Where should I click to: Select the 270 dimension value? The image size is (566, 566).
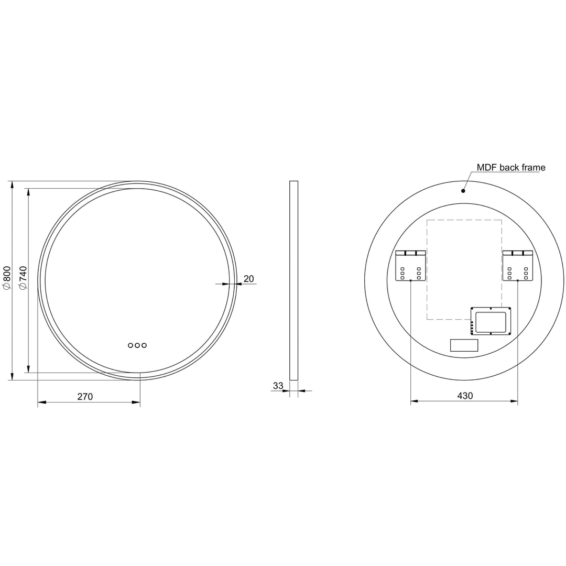coord(85,397)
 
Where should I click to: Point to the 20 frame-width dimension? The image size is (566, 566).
coord(249,279)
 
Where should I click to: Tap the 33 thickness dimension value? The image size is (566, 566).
coord(278,386)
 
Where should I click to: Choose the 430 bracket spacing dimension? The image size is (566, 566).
coord(465,396)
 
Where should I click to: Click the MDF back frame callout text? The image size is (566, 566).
coord(510,168)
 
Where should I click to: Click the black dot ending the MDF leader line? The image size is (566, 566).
coord(463,191)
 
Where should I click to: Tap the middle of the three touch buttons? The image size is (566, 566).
coord(137,345)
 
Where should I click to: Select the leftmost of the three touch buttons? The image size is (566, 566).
coord(130,345)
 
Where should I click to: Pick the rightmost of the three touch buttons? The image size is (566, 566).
coord(144,345)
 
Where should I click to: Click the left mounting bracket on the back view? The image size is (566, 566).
coord(410,266)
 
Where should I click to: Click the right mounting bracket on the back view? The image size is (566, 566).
coord(517,266)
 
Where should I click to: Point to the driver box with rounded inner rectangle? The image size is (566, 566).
coord(491,321)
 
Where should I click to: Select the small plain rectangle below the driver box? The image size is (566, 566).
coord(464,345)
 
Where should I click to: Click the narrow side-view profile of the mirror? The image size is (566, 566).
coord(293,280)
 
